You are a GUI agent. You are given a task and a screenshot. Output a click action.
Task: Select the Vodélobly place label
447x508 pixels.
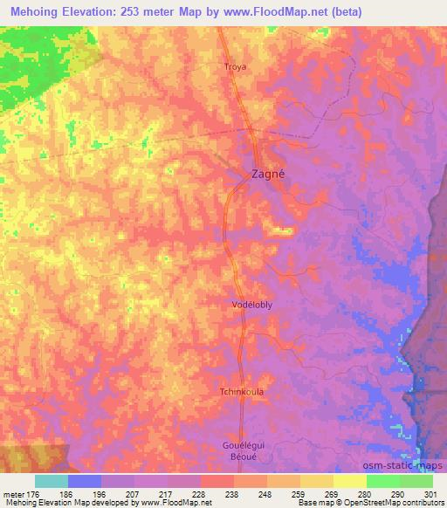(x=255, y=305)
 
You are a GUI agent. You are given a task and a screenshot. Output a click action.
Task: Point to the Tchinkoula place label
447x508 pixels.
(x=243, y=391)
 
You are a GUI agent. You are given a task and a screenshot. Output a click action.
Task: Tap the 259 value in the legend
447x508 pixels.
(x=300, y=493)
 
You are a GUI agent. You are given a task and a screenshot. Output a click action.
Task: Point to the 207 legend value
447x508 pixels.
(x=135, y=493)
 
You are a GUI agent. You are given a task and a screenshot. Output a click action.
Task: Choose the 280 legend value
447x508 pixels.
(x=366, y=493)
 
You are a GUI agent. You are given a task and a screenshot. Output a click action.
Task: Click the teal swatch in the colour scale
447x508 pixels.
(x=52, y=481)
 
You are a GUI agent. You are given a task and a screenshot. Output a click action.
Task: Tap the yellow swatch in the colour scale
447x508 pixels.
(x=349, y=481)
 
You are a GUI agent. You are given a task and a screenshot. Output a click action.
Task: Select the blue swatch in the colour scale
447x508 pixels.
(x=85, y=481)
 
